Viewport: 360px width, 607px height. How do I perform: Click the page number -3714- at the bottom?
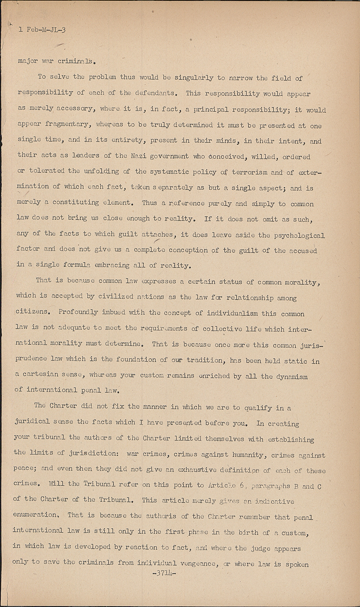point(163,573)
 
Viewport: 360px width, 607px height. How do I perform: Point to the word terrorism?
point(250,172)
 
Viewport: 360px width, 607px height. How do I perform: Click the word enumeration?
point(35,515)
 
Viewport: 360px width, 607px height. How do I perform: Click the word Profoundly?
point(78,312)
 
